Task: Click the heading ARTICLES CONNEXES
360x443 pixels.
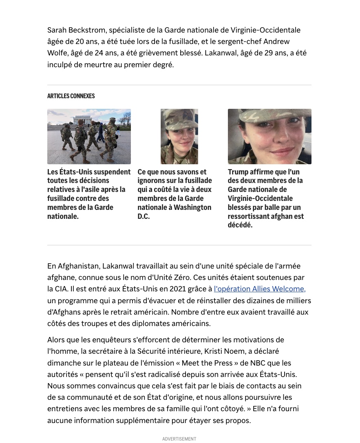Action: coord(71,96)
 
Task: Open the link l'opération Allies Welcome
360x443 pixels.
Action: coord(259,289)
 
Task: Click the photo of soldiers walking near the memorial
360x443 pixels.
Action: coord(89,137)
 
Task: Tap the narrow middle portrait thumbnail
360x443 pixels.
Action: coord(179,137)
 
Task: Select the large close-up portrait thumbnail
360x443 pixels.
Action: coord(269,137)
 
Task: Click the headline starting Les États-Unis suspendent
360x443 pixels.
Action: coord(89,194)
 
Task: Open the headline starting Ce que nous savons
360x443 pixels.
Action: coord(174,194)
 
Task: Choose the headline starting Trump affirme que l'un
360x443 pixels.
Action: coord(266,198)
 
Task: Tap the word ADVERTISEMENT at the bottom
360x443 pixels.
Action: coord(179,439)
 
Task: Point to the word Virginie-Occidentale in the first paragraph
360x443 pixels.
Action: coord(265,30)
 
